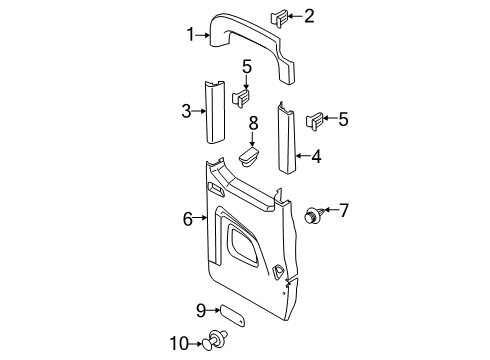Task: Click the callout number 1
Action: click(x=189, y=35)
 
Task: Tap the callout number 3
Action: click(x=186, y=111)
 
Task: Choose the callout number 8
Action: click(x=254, y=122)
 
